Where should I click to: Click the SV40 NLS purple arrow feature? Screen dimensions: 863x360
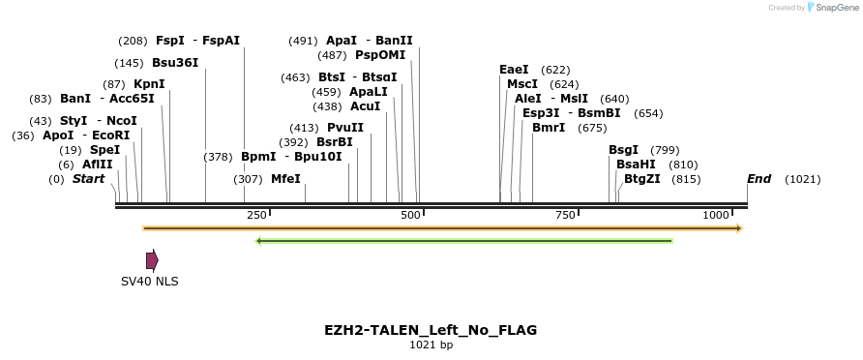(x=152, y=260)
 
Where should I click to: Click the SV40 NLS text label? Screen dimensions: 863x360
(x=149, y=282)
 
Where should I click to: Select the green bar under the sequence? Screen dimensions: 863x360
(x=464, y=240)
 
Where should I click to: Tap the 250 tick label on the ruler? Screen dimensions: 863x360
(x=256, y=215)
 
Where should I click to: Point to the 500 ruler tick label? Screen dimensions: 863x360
(x=410, y=215)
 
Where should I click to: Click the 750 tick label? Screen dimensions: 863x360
(x=566, y=215)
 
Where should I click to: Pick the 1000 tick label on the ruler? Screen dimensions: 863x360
(x=716, y=215)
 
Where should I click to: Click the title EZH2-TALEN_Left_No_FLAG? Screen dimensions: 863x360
(x=431, y=330)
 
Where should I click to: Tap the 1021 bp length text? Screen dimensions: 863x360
(x=431, y=345)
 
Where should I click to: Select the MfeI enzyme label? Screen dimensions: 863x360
(x=285, y=179)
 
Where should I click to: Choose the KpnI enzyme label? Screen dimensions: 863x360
(x=149, y=84)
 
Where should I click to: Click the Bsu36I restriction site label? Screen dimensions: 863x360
(x=175, y=63)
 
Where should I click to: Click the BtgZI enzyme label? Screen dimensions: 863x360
(x=642, y=179)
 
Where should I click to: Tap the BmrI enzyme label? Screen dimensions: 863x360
(x=549, y=128)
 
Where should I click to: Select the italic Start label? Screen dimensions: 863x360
(x=88, y=179)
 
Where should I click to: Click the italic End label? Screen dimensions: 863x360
(x=759, y=179)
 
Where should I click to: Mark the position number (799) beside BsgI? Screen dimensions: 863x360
(x=665, y=150)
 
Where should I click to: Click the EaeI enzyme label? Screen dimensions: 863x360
(x=514, y=70)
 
